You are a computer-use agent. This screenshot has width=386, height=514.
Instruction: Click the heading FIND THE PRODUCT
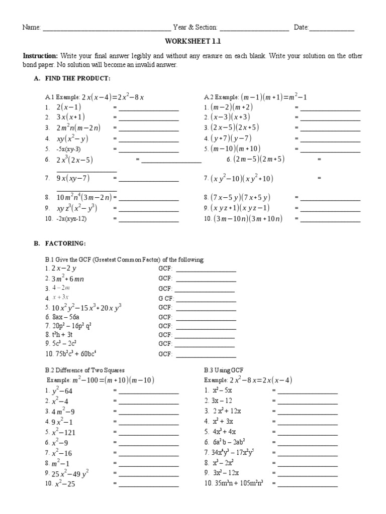point(77,79)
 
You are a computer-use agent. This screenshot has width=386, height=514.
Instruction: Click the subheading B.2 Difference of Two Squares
point(85,370)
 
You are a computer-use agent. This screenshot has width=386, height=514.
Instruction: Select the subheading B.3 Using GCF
point(224,370)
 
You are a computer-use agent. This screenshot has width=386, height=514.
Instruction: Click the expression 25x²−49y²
point(70,473)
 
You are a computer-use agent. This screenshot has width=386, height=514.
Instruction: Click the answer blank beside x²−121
point(148,433)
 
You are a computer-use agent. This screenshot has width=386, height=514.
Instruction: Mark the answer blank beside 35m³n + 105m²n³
point(308,485)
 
